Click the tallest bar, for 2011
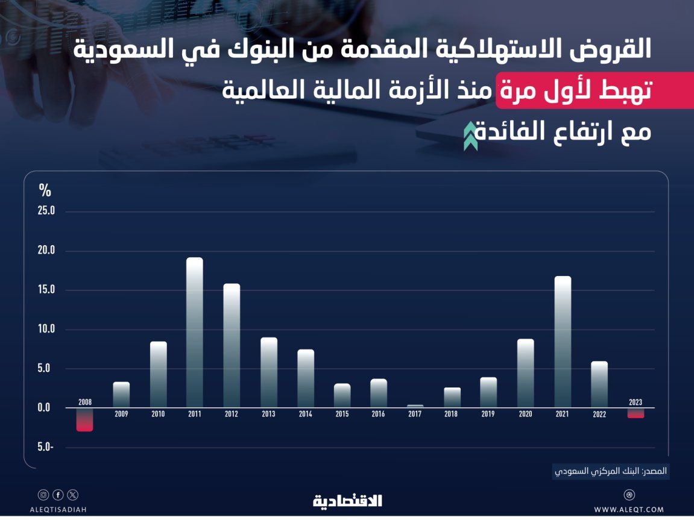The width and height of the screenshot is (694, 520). coord(195,333)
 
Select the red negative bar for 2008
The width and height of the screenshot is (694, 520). coord(84,419)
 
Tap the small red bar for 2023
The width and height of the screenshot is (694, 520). coord(636,413)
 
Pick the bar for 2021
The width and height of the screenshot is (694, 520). coord(563,342)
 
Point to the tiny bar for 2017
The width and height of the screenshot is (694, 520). coord(415,406)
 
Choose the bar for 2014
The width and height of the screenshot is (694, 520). coord(306,378)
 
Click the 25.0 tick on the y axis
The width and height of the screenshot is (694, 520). coord(46,210)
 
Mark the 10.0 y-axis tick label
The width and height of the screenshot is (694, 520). coord(46,329)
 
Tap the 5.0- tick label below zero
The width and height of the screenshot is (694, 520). coord(45,447)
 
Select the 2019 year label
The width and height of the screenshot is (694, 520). coord(488,414)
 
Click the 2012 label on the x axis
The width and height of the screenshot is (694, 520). coord(231,414)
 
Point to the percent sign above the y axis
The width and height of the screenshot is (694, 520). coord(45,190)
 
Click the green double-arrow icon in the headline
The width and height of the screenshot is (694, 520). coord(470,136)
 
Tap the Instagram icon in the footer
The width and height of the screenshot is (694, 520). coord(43,495)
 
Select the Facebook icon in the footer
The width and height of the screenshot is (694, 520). coord(58,495)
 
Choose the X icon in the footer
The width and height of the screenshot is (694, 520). coord(72,495)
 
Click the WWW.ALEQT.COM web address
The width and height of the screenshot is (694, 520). coord(629,510)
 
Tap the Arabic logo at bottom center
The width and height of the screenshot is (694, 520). coord(347,501)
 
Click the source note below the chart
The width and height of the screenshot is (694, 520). coord(611,471)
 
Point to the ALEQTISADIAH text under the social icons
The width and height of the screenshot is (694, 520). coord(58,510)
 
